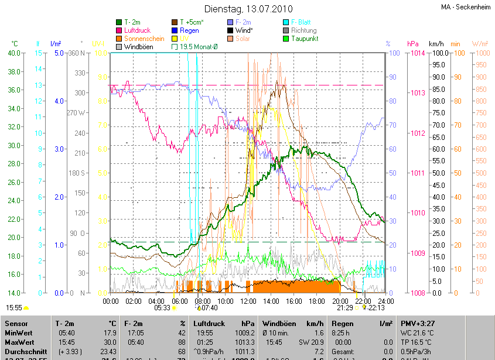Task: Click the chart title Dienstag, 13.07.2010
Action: [x=247, y=9]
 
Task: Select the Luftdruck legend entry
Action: [x=138, y=30]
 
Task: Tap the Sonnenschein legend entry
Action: [x=144, y=39]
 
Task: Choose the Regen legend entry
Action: [x=189, y=30]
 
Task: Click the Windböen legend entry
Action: [x=138, y=46]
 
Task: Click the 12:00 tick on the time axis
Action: [x=248, y=301]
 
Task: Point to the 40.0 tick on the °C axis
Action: [x=13, y=53]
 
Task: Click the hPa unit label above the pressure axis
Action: [x=412, y=44]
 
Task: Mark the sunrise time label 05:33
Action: [x=162, y=307]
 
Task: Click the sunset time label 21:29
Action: [x=345, y=307]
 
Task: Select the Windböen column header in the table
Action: [x=278, y=323]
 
